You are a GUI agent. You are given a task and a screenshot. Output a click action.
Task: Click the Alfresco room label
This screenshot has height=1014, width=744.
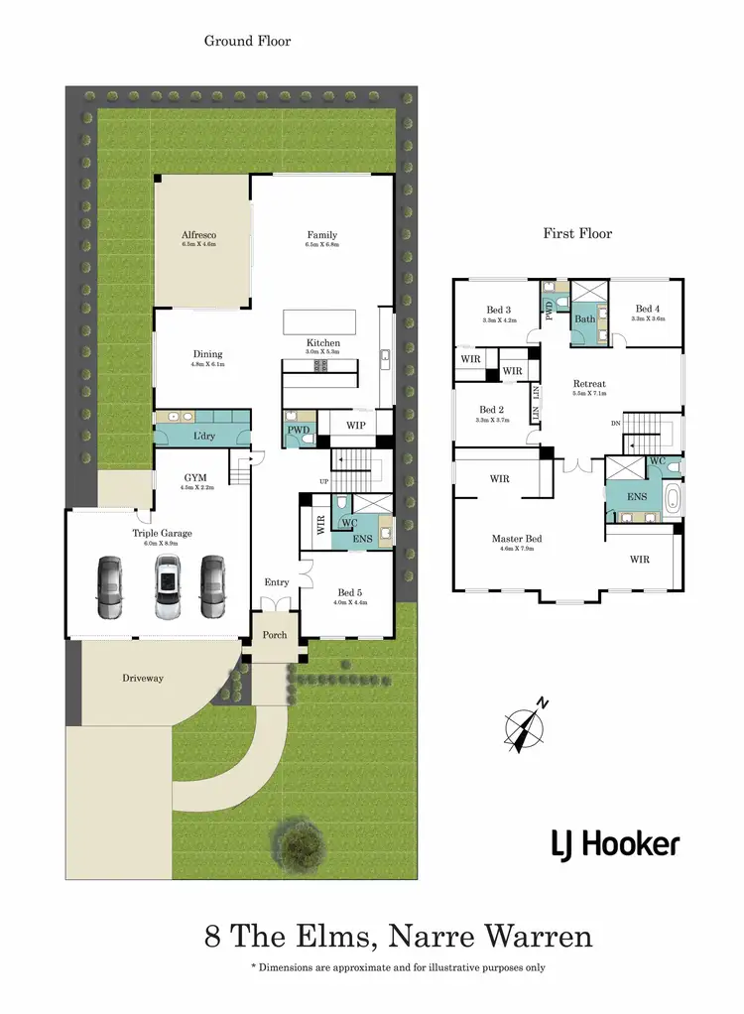pyautogui.click(x=198, y=235)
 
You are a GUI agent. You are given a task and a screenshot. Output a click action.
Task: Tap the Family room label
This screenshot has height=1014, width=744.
pyautogui.click(x=323, y=235)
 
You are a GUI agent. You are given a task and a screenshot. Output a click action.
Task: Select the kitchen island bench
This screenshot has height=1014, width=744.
pyautogui.click(x=321, y=323)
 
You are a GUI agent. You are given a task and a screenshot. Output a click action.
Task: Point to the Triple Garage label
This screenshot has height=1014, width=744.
pyautogui.click(x=162, y=533)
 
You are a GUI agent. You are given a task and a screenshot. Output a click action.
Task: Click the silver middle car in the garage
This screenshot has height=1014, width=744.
pyautogui.click(x=167, y=588)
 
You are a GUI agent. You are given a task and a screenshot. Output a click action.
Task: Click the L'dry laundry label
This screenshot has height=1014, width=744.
pyautogui.click(x=204, y=437)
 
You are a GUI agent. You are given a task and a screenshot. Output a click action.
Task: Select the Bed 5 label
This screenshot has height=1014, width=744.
pyautogui.click(x=348, y=592)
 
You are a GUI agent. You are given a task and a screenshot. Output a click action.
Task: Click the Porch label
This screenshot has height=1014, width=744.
pyautogui.click(x=274, y=635)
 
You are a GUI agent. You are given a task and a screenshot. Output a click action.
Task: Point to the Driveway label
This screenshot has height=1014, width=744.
pyautogui.click(x=143, y=678)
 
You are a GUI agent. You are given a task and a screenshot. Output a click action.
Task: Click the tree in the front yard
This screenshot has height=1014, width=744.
pyautogui.click(x=300, y=842)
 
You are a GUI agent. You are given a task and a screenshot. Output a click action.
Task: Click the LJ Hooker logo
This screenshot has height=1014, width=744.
pyautogui.click(x=615, y=844)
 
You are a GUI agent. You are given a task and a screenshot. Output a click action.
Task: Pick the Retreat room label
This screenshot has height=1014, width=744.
pyautogui.click(x=588, y=384)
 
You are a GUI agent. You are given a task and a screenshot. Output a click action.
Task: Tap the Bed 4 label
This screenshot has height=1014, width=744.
pyautogui.click(x=647, y=309)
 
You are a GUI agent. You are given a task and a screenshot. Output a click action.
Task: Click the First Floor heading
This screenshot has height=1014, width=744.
pyautogui.click(x=577, y=233)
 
